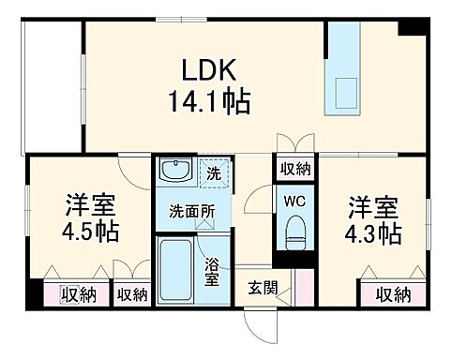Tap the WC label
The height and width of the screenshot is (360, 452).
[x=294, y=200]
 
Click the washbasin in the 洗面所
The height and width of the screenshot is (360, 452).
[x=174, y=172]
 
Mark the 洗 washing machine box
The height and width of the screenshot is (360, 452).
[x=214, y=174]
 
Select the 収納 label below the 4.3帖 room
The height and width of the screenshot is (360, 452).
[x=394, y=295]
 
